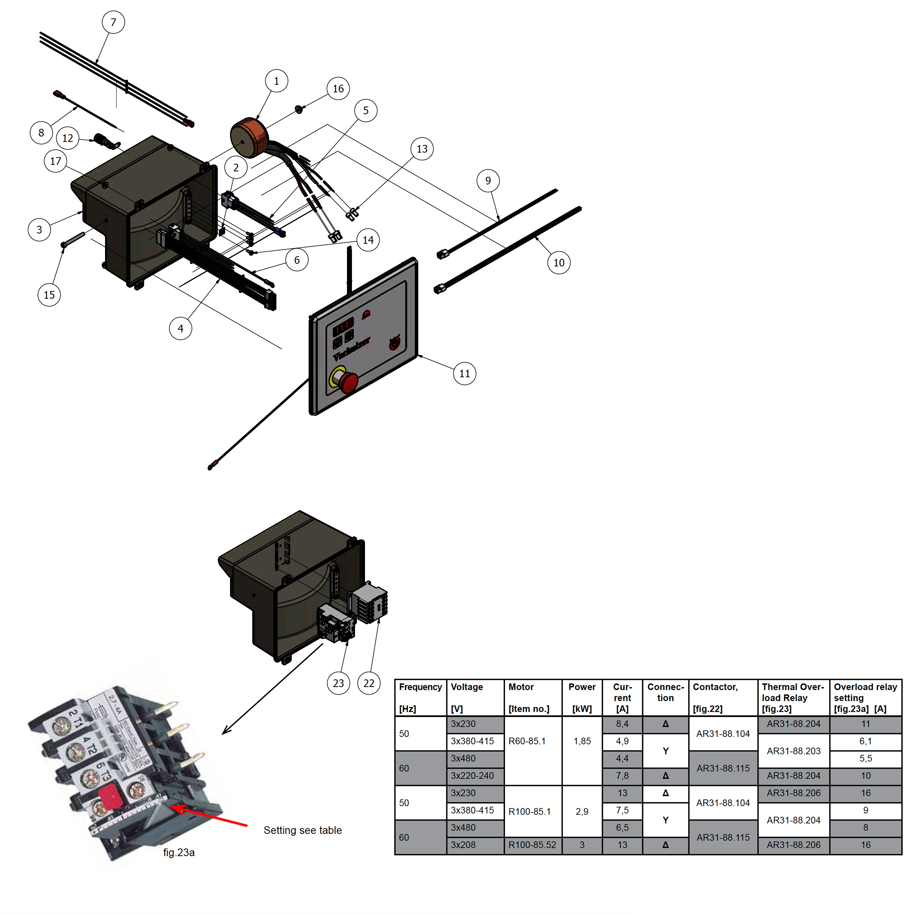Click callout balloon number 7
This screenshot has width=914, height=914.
click(x=113, y=22)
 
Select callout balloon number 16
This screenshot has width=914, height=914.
click(x=338, y=89)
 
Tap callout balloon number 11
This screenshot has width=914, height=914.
click(x=464, y=373)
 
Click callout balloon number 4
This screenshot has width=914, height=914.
click(x=180, y=328)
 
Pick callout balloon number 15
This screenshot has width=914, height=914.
click(x=49, y=295)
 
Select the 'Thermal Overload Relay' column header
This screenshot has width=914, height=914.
click(x=793, y=697)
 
